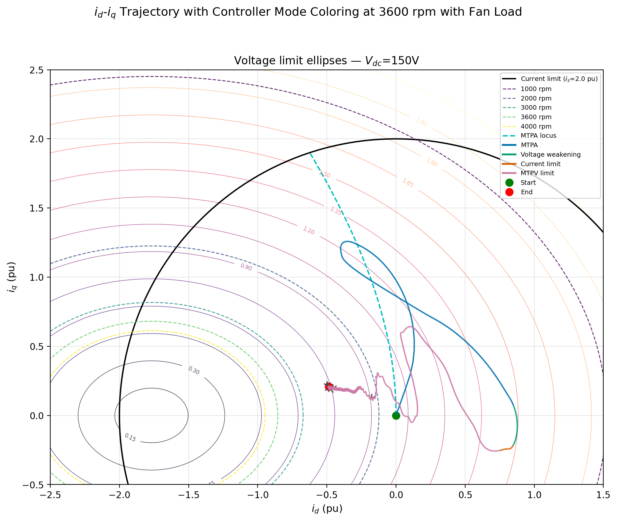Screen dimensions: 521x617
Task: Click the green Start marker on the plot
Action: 396,416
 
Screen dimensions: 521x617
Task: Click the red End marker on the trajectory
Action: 329,387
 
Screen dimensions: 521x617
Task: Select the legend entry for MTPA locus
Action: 538,136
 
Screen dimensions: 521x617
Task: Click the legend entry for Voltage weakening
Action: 550,155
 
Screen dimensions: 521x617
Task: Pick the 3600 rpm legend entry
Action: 536,117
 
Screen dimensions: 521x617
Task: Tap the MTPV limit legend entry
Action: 537,173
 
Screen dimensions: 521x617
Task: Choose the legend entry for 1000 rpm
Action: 536,89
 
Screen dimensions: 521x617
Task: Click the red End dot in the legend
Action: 509,192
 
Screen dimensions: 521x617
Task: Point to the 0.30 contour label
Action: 194,371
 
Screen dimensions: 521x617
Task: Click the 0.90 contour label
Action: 246,267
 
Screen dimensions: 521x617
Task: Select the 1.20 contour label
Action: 308,230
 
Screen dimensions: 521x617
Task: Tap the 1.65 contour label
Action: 408,183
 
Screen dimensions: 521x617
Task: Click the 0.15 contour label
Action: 130,437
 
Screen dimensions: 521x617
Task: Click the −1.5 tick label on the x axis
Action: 188,495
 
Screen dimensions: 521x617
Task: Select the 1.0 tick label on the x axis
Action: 534,495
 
